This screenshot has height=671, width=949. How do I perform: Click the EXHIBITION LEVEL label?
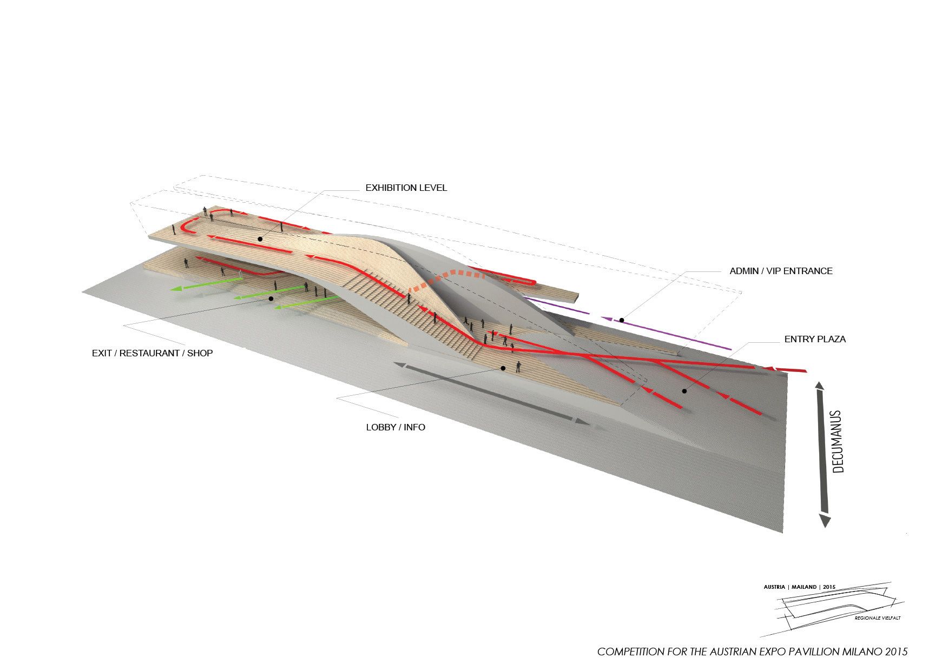pos(406,188)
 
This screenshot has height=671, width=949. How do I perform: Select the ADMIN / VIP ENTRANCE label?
pos(781,271)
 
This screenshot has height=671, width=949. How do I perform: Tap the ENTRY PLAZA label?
pos(815,340)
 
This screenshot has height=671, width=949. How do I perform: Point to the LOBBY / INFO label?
pos(396,427)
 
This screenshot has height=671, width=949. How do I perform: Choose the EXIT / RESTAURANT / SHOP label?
pos(153,353)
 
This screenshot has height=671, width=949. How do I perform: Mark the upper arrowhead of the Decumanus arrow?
pos(819,386)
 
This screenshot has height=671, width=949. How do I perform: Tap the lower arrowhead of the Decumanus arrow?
pos(825,521)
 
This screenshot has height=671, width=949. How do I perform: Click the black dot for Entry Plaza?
pos(684,391)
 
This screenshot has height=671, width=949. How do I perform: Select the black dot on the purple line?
pos(622,321)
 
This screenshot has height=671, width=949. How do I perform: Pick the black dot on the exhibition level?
pos(260,238)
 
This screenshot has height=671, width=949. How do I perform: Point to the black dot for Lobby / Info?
pos(503,368)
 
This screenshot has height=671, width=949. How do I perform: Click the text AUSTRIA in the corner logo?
pos(774,587)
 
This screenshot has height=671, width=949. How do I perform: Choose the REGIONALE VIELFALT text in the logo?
pos(878,618)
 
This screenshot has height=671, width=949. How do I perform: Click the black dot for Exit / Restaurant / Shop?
pos(271,298)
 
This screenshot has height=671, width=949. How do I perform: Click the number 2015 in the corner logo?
pos(829,587)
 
